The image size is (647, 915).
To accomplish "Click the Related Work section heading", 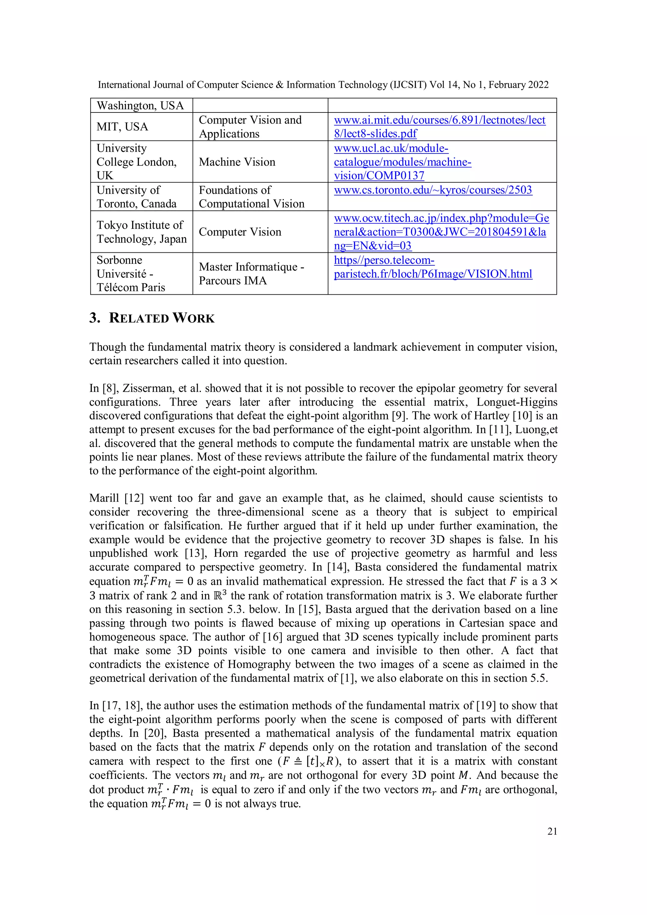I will point(152,318).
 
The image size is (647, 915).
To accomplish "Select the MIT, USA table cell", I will point(122,127).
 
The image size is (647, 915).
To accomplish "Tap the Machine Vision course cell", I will point(237,162).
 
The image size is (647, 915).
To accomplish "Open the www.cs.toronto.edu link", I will point(432,190).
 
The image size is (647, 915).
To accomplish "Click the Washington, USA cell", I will point(140,105).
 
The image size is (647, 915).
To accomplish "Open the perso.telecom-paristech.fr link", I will point(432,267).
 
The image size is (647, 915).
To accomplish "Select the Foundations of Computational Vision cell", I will point(251,197).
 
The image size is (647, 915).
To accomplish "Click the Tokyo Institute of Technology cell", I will point(141,232).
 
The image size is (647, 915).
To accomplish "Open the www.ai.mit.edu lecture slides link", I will point(439,127).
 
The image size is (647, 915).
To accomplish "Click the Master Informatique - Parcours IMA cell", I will point(251,274).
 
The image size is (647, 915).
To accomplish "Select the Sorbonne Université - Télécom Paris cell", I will point(130,274).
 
